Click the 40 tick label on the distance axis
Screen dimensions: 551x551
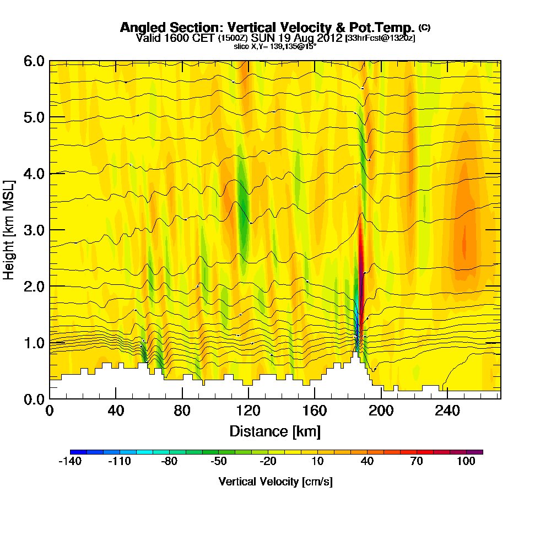[116, 411]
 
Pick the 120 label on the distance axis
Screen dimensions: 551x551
[249, 411]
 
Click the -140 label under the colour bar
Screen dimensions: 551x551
[69, 462]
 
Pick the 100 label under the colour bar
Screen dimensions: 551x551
[466, 462]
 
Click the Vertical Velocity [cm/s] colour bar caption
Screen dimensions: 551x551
[275, 482]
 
